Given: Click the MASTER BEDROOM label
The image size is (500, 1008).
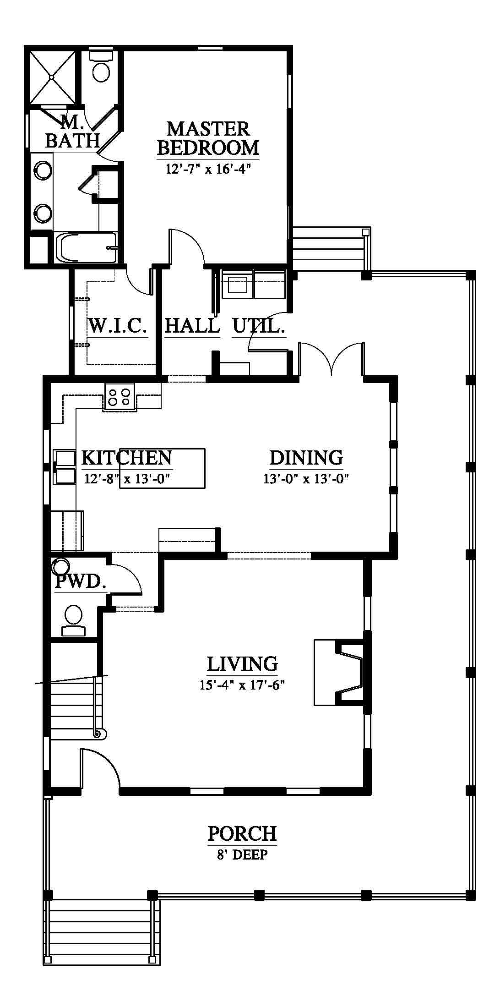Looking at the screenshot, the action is pyautogui.click(x=208, y=138).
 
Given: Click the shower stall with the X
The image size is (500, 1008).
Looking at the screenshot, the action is pyautogui.click(x=53, y=77).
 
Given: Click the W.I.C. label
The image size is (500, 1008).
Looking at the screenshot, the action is pyautogui.click(x=118, y=326).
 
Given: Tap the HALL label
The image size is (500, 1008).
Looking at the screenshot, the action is pyautogui.click(x=192, y=326).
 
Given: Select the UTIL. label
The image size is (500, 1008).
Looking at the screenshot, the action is pyautogui.click(x=259, y=326).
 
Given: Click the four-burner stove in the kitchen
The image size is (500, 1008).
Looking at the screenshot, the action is pyautogui.click(x=120, y=396).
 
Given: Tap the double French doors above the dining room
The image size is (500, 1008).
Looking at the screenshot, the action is pyautogui.click(x=332, y=358).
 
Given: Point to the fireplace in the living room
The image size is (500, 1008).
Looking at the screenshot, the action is pyautogui.click(x=339, y=672).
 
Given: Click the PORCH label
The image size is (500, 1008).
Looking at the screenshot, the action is pyautogui.click(x=242, y=833).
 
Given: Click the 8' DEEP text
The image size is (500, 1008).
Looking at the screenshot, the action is pyautogui.click(x=242, y=855).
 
